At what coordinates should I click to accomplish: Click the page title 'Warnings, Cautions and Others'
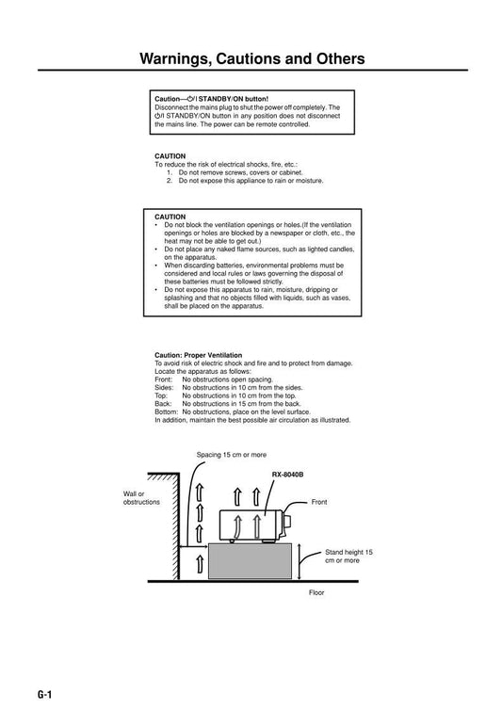pyautogui.click(x=251, y=59)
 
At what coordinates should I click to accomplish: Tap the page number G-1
pyautogui.click(x=45, y=695)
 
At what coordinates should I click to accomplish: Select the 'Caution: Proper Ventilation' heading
pyautogui.click(x=199, y=355)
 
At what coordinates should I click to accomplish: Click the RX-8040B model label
pyautogui.click(x=287, y=475)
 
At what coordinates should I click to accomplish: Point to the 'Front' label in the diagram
pyautogui.click(x=319, y=502)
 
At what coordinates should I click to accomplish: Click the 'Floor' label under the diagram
pyautogui.click(x=316, y=592)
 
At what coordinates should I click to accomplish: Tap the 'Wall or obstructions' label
pyautogui.click(x=141, y=497)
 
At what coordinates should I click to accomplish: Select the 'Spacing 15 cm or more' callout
pyautogui.click(x=232, y=455)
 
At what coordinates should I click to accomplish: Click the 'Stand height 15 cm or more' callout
pyautogui.click(x=348, y=557)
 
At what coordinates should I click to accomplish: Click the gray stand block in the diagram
pyautogui.click(x=250, y=561)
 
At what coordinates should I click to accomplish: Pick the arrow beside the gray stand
pyautogui.click(x=200, y=564)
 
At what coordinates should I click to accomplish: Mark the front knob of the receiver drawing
pyautogui.click(x=287, y=522)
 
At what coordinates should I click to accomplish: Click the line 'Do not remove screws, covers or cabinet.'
pyautogui.click(x=240, y=172)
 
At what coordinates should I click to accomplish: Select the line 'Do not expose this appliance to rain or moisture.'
pyautogui.click(x=251, y=180)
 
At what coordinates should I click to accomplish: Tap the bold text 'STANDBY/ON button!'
pyautogui.click(x=234, y=99)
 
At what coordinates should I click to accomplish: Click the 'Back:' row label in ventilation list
pyautogui.click(x=163, y=403)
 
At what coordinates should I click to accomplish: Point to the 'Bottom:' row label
pyautogui.click(x=167, y=411)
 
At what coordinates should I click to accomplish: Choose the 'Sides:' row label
pyautogui.click(x=164, y=387)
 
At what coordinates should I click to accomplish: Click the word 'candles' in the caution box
pyautogui.click(x=343, y=249)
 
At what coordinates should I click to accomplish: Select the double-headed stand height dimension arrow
pyautogui.click(x=299, y=561)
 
